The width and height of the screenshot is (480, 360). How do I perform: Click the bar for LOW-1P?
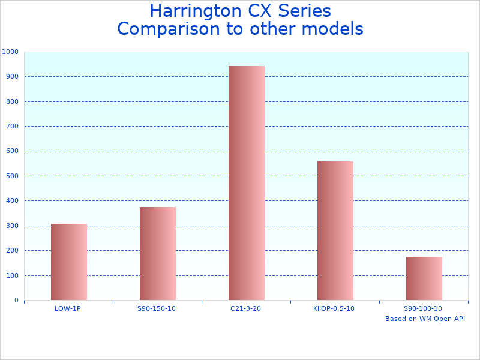(68, 262)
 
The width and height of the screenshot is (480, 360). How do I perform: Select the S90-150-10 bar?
(157, 254)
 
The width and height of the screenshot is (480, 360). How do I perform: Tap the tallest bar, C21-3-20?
(246, 183)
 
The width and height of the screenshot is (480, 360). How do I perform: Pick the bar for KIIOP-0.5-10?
(335, 231)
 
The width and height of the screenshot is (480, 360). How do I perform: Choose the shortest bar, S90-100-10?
(424, 278)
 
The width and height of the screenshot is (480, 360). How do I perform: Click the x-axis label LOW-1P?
(68, 308)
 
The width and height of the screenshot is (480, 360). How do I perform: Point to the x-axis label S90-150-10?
(157, 308)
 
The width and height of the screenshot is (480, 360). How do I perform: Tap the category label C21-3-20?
(246, 308)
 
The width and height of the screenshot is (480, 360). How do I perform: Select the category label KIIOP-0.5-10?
(334, 308)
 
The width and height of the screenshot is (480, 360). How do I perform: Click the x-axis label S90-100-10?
(423, 308)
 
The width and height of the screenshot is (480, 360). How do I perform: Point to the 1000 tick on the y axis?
(10, 52)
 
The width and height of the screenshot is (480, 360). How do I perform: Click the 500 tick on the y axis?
(12, 176)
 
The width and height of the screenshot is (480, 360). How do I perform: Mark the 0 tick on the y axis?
(16, 301)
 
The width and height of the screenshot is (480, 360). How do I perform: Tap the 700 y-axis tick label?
(12, 127)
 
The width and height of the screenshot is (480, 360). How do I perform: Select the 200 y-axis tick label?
(12, 251)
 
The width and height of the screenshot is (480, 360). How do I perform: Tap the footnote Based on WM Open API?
(425, 319)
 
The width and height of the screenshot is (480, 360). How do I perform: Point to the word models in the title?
(334, 29)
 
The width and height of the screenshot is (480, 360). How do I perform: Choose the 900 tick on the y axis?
(12, 77)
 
